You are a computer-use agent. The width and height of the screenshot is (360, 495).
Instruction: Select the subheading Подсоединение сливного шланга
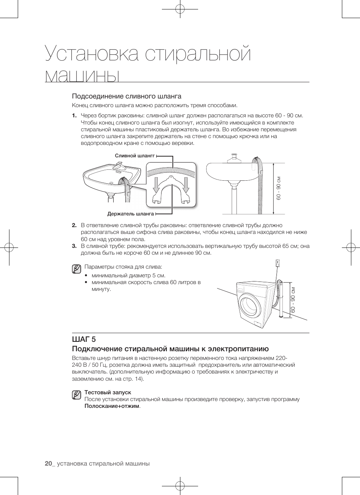tap(126, 96)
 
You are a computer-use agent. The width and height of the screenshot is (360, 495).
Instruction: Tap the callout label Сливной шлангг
tap(135, 155)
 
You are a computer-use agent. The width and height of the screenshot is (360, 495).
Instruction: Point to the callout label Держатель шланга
tap(131, 214)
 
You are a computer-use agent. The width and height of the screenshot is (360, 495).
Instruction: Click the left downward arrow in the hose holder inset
tap(157, 185)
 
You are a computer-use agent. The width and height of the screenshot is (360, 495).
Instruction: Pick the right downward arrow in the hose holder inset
tap(186, 185)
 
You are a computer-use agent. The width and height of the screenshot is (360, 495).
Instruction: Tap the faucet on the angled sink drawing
tap(119, 166)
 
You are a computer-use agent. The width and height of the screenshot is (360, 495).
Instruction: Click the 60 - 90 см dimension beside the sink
tap(279, 188)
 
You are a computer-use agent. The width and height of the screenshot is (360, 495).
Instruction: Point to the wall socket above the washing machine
tap(278, 263)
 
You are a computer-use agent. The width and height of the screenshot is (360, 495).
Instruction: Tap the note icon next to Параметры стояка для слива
tap(77, 269)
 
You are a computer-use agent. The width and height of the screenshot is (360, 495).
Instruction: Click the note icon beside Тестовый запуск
tap(77, 395)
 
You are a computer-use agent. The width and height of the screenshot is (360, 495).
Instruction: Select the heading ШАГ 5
tap(84, 339)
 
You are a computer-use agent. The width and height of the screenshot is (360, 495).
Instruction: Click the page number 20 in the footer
tap(48, 464)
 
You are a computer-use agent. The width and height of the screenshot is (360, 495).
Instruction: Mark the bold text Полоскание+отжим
tap(112, 406)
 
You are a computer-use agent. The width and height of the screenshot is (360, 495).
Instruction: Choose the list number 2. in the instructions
tap(74, 225)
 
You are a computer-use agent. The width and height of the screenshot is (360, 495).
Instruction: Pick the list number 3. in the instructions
tap(74, 246)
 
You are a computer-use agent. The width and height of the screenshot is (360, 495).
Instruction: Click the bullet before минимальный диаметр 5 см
tap(86, 275)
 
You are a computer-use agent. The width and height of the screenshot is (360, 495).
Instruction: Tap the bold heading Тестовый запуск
tap(108, 392)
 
